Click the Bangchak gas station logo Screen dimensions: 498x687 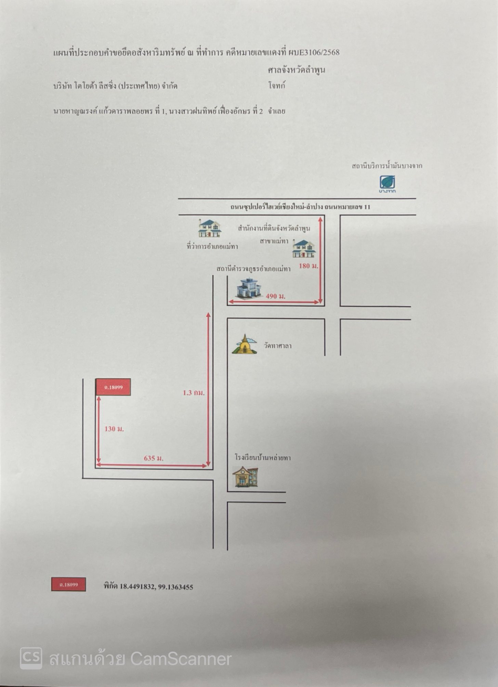387,184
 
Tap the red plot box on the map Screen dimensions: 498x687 113,387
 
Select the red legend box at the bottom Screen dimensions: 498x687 69,584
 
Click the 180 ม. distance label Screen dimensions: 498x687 309,265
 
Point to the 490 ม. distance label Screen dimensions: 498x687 276,296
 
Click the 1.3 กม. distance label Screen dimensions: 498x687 194,393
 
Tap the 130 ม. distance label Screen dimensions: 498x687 114,429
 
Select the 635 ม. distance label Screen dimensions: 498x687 154,458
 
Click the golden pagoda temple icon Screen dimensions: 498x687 244,344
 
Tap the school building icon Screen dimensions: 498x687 245,477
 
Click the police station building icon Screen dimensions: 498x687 248,288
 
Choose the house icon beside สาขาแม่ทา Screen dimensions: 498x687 304,248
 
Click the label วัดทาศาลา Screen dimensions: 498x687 277,346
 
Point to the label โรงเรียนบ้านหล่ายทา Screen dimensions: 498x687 263,457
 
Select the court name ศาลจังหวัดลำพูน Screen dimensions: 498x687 296,70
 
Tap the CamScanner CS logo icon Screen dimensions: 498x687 31,658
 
